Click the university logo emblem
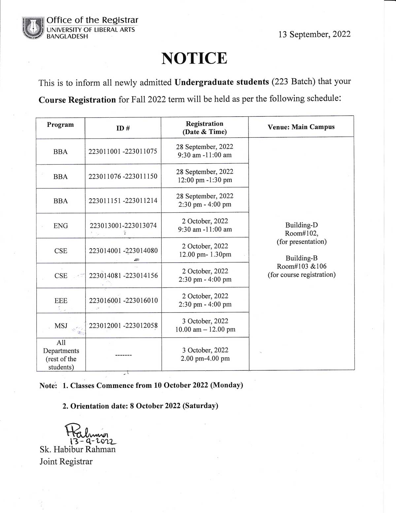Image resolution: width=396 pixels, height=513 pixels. click(x=33, y=28)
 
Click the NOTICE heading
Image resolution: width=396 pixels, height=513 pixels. click(x=194, y=58)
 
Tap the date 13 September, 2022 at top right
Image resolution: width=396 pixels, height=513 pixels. click(x=314, y=34)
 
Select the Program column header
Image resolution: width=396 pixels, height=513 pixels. click(x=60, y=125)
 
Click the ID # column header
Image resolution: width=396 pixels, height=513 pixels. click(x=123, y=128)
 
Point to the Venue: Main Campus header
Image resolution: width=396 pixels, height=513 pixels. click(x=301, y=127)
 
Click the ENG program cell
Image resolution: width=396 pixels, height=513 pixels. click(x=61, y=226)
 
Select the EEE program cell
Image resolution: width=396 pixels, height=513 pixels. click(x=61, y=301)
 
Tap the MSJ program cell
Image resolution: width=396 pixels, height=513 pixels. click(x=61, y=326)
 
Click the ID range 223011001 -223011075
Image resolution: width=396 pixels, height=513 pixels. click(x=123, y=151)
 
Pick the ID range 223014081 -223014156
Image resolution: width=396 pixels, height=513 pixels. click(x=123, y=275)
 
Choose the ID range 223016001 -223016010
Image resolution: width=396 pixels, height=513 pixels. click(x=123, y=301)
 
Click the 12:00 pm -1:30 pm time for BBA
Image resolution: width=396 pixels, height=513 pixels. click(x=205, y=180)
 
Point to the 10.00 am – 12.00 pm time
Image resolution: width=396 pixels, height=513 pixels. click(x=205, y=329)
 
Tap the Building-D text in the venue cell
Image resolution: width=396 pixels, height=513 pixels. click(x=302, y=225)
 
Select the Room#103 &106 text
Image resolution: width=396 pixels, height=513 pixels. click(x=302, y=266)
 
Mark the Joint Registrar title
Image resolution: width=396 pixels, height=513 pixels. click(x=66, y=461)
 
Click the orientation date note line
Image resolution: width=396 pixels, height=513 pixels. click(x=140, y=406)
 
